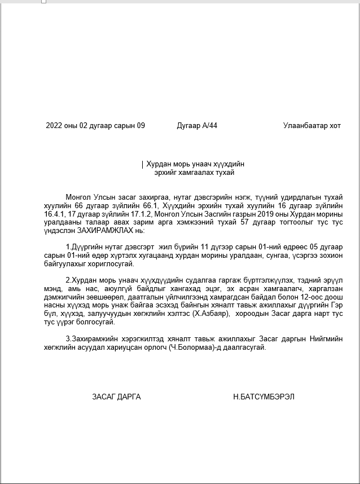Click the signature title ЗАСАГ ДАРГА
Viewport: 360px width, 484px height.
[116, 397]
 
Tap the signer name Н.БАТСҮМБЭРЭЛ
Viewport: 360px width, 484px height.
[264, 397]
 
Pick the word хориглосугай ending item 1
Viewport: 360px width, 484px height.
[111, 263]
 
